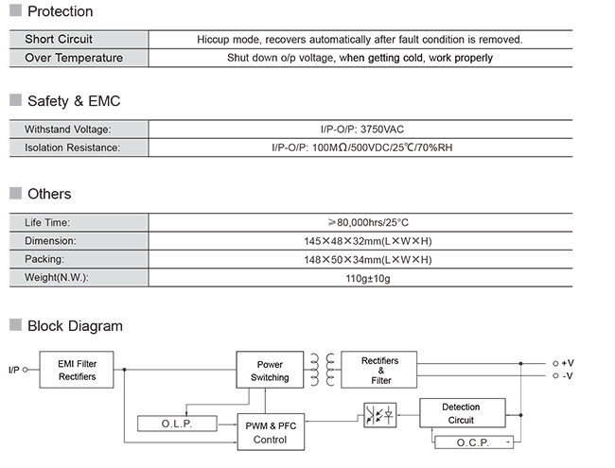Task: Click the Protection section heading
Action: [60, 11]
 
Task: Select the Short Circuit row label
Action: [59, 39]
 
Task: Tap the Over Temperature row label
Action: [74, 58]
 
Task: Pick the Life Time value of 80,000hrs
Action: [368, 222]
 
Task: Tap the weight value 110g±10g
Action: [368, 278]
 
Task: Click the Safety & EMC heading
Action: [74, 101]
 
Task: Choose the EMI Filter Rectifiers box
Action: [77, 370]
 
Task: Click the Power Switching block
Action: [270, 370]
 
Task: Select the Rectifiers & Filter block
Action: [378, 370]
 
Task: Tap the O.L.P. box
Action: [177, 424]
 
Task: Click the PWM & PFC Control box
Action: [271, 432]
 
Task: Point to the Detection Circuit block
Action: [463, 413]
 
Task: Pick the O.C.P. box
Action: [474, 442]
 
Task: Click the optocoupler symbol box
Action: [380, 415]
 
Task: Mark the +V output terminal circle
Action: [555, 363]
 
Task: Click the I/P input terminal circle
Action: [26, 370]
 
